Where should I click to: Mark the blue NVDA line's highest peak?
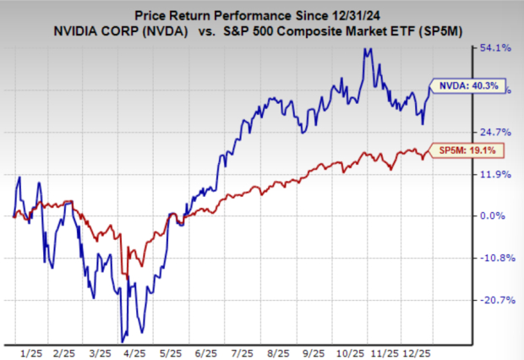[365, 49]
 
